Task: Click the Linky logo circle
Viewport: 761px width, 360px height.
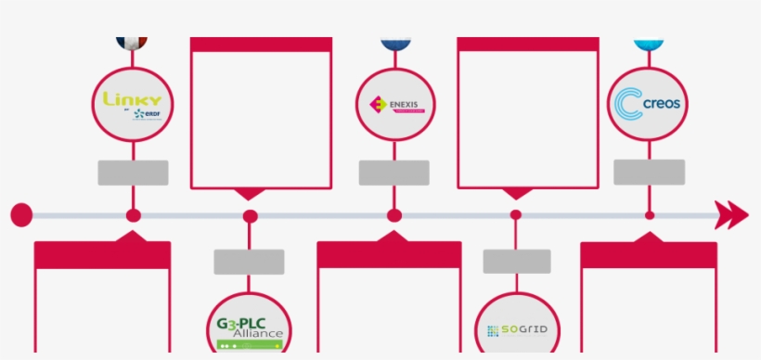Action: tap(132, 104)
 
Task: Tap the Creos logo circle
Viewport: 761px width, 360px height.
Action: tap(648, 104)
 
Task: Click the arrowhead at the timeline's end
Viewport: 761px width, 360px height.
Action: tap(736, 215)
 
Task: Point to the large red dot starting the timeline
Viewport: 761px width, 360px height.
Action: tap(21, 216)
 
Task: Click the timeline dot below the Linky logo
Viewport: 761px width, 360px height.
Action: tap(134, 216)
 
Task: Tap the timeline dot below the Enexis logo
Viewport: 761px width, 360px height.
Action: tap(394, 216)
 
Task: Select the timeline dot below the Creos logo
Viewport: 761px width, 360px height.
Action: tap(650, 216)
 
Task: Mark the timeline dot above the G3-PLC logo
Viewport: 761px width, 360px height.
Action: tap(250, 216)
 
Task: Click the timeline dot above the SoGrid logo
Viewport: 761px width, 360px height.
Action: tap(516, 216)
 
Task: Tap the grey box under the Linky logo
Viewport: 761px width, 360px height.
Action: tap(134, 173)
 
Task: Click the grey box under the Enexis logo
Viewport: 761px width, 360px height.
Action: tap(394, 173)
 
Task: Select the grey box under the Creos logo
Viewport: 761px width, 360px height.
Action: tap(650, 172)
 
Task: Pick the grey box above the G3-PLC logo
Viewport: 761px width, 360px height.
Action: tap(249, 262)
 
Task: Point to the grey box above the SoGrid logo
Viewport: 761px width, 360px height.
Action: tap(517, 261)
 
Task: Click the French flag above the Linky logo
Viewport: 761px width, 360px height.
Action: tap(132, 42)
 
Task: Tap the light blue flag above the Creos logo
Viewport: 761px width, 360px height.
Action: tap(648, 43)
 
